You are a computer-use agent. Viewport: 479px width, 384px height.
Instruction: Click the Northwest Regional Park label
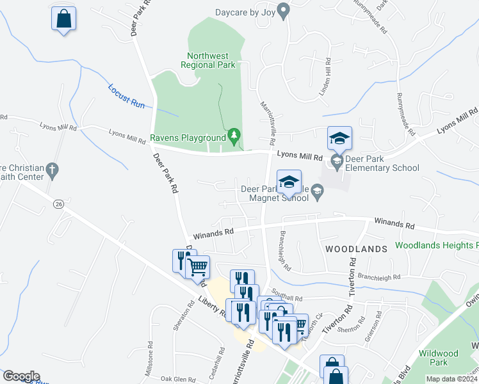coord(208,60)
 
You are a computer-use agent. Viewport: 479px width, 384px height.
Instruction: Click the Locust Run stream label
coord(127,95)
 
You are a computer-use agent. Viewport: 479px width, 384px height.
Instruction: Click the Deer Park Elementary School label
coord(382,164)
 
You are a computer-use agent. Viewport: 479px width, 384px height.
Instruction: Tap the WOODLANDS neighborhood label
coord(356,248)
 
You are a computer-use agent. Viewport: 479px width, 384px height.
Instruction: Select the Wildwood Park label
coord(438,358)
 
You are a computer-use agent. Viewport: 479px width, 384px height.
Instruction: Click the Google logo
coord(21,376)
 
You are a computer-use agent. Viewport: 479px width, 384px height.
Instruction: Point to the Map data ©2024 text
coord(452,379)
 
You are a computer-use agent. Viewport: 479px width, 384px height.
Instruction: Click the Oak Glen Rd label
coord(177,378)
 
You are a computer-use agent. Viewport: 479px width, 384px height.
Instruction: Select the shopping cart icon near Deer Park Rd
coord(198,266)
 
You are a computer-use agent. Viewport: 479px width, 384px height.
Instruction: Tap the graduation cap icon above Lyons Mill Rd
coord(340,137)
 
